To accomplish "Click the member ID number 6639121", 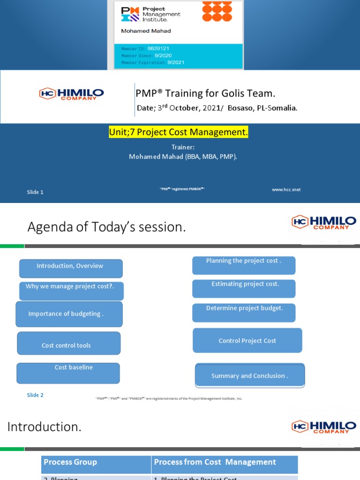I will coord(158,48).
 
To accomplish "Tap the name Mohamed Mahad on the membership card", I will coord(146,31).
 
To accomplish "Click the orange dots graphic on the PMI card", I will coord(217,11).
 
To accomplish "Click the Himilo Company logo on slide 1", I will coord(71,94).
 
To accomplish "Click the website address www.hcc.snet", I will coord(286,190).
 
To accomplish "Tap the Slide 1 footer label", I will coord(35,192).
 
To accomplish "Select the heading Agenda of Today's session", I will coord(107,227).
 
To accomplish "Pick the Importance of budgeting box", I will coord(69,314).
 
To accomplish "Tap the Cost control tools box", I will coord(68,344).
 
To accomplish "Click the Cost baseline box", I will coord(68,373).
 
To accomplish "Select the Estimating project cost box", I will coord(244,288).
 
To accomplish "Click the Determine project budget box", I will coord(244,313).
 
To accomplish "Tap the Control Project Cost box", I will coord(247,341).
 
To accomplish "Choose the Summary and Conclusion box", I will coord(249,375).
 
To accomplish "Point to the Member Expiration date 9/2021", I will coord(177,62).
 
